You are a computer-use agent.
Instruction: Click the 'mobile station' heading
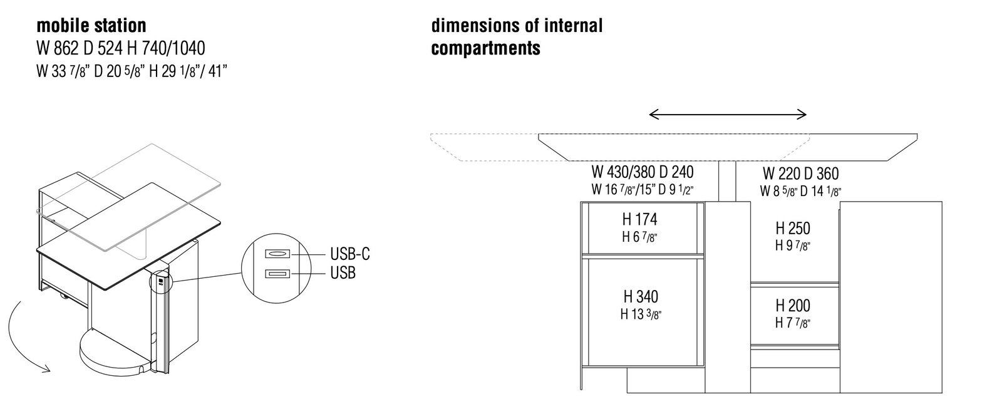click(x=91, y=26)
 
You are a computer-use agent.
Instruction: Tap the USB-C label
click(x=350, y=254)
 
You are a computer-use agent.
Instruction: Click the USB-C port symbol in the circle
click(x=276, y=254)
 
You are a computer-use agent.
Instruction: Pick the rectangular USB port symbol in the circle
click(x=276, y=273)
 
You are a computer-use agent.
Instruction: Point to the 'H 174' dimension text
click(x=639, y=220)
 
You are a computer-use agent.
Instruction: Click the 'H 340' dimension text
click(x=640, y=296)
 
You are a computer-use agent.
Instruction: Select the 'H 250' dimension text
click(x=793, y=228)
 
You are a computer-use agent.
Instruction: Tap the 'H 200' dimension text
click(x=793, y=306)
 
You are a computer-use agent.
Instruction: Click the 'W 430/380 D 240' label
click(x=642, y=171)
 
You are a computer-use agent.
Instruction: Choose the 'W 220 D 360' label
click(x=800, y=174)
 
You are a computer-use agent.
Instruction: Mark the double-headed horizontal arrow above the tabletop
click(x=728, y=114)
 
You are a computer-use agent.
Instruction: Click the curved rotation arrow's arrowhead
click(x=45, y=370)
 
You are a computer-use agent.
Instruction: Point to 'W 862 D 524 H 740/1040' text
click(x=120, y=48)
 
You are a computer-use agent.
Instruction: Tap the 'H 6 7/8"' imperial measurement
click(x=639, y=237)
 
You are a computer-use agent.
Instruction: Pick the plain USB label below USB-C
click(x=343, y=273)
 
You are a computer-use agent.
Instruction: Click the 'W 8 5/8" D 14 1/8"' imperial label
click(x=800, y=191)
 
